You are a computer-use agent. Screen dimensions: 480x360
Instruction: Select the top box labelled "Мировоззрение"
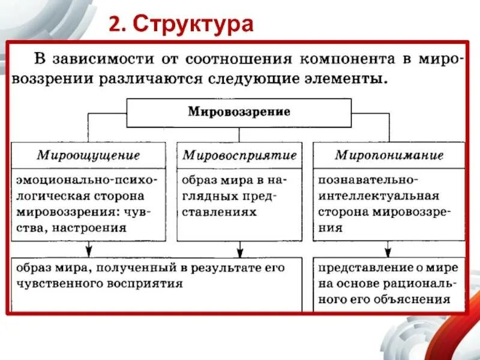click(x=239, y=112)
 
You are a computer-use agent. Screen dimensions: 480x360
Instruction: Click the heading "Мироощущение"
click(x=88, y=155)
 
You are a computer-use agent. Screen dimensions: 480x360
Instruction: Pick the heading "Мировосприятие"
click(x=239, y=155)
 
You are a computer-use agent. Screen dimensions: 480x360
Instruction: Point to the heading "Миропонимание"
click(x=389, y=155)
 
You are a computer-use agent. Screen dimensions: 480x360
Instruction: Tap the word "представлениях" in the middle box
click(x=218, y=212)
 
